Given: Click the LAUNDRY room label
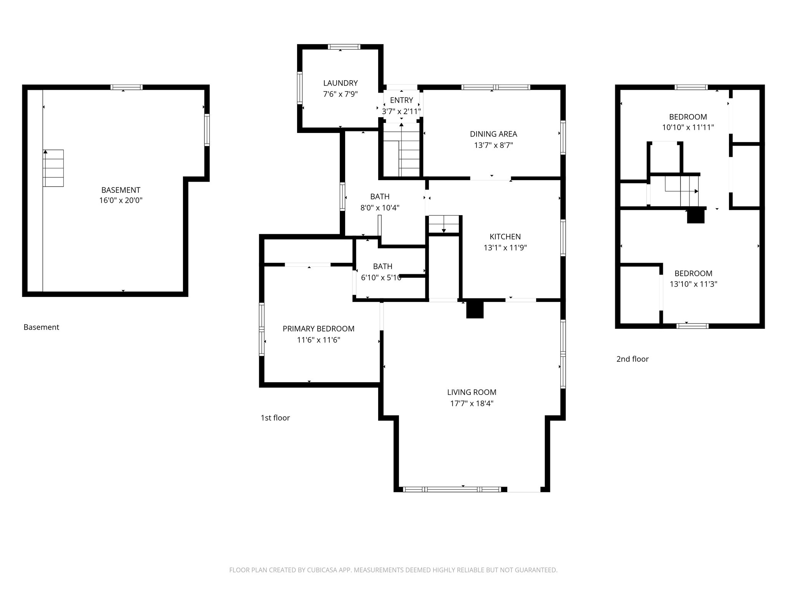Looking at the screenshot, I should [x=340, y=83].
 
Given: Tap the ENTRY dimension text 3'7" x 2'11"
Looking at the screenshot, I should [x=401, y=111].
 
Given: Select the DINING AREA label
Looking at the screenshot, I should [x=493, y=134].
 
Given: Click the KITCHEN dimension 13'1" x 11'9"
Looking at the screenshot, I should [x=505, y=248].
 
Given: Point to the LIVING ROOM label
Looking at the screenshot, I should [x=472, y=392].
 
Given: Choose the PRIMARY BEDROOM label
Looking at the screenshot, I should [x=318, y=329].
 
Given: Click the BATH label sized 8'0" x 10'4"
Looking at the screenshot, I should [x=380, y=197].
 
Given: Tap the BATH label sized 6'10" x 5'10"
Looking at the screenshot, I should [x=382, y=266].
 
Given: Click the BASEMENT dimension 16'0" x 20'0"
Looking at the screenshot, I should [x=121, y=200].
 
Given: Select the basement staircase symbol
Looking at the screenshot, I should [x=53, y=168].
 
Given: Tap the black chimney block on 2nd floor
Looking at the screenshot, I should [x=696, y=216].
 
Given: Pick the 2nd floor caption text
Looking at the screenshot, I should [x=632, y=359].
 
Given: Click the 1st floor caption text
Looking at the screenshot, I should [x=275, y=418].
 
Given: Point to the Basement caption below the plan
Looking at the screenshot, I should [x=41, y=327].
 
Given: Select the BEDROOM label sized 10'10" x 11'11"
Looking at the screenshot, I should [x=687, y=117].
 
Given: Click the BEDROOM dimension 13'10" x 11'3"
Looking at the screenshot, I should [x=693, y=284].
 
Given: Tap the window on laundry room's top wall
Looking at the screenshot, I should [x=344, y=47].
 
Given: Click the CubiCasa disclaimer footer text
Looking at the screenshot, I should [x=393, y=570].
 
